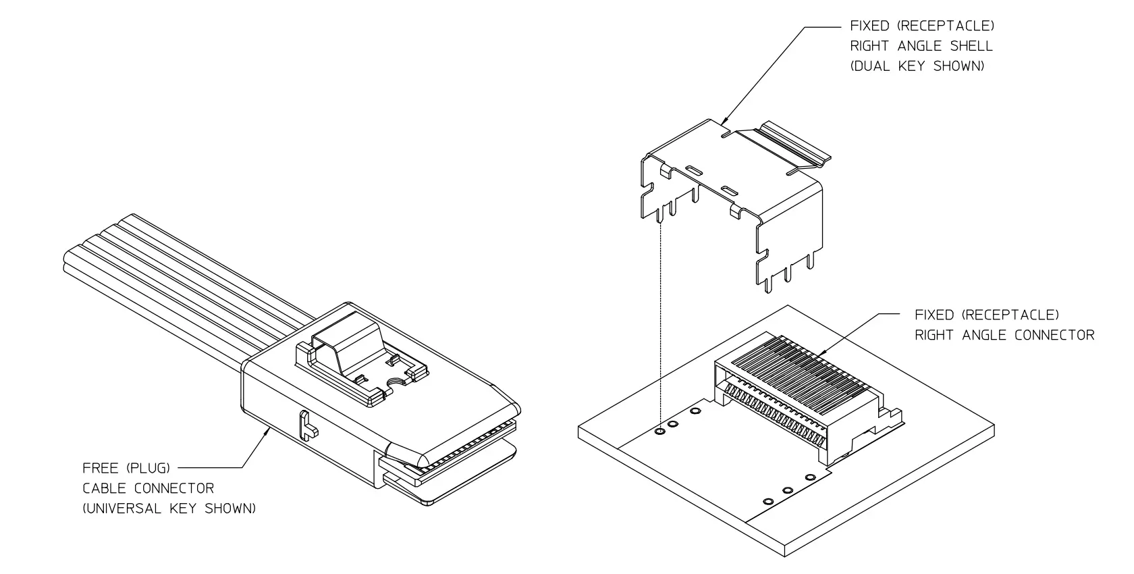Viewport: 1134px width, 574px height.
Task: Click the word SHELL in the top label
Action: click(971, 46)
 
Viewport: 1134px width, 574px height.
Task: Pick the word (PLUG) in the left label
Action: click(147, 468)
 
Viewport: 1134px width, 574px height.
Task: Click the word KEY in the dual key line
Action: click(912, 66)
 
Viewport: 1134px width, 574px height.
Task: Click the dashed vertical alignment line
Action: click(659, 324)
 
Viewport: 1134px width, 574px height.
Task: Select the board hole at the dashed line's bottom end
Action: click(659, 429)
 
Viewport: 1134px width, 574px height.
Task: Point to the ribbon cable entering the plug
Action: click(182, 270)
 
